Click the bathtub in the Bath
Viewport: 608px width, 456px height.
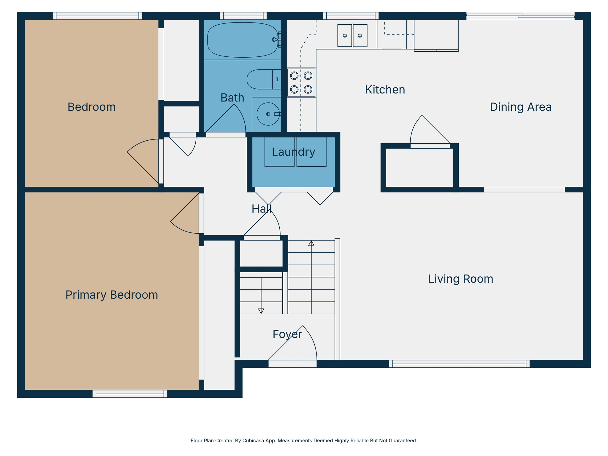click(x=242, y=40)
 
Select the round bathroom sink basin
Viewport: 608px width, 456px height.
click(x=268, y=114)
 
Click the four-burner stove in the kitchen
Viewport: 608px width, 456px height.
click(x=301, y=83)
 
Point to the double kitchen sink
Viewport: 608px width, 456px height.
click(x=352, y=36)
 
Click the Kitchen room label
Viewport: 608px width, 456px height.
click(x=385, y=90)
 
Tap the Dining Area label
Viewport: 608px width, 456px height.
click(x=520, y=107)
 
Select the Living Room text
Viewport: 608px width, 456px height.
click(x=460, y=279)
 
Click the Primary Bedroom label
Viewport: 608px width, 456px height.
click(x=112, y=295)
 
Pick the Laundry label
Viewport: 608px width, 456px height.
click(x=293, y=152)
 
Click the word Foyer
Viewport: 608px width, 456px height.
click(x=287, y=334)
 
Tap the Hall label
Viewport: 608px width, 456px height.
click(x=261, y=209)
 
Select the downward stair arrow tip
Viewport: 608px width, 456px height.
click(x=261, y=311)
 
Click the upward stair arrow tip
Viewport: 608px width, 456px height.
click(x=311, y=243)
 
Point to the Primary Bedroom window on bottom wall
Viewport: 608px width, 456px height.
click(x=130, y=394)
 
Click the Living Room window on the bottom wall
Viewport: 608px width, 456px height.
click(x=459, y=364)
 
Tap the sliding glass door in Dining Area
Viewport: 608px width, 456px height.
click(x=520, y=16)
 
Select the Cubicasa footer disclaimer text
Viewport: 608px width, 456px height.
click(x=304, y=441)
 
